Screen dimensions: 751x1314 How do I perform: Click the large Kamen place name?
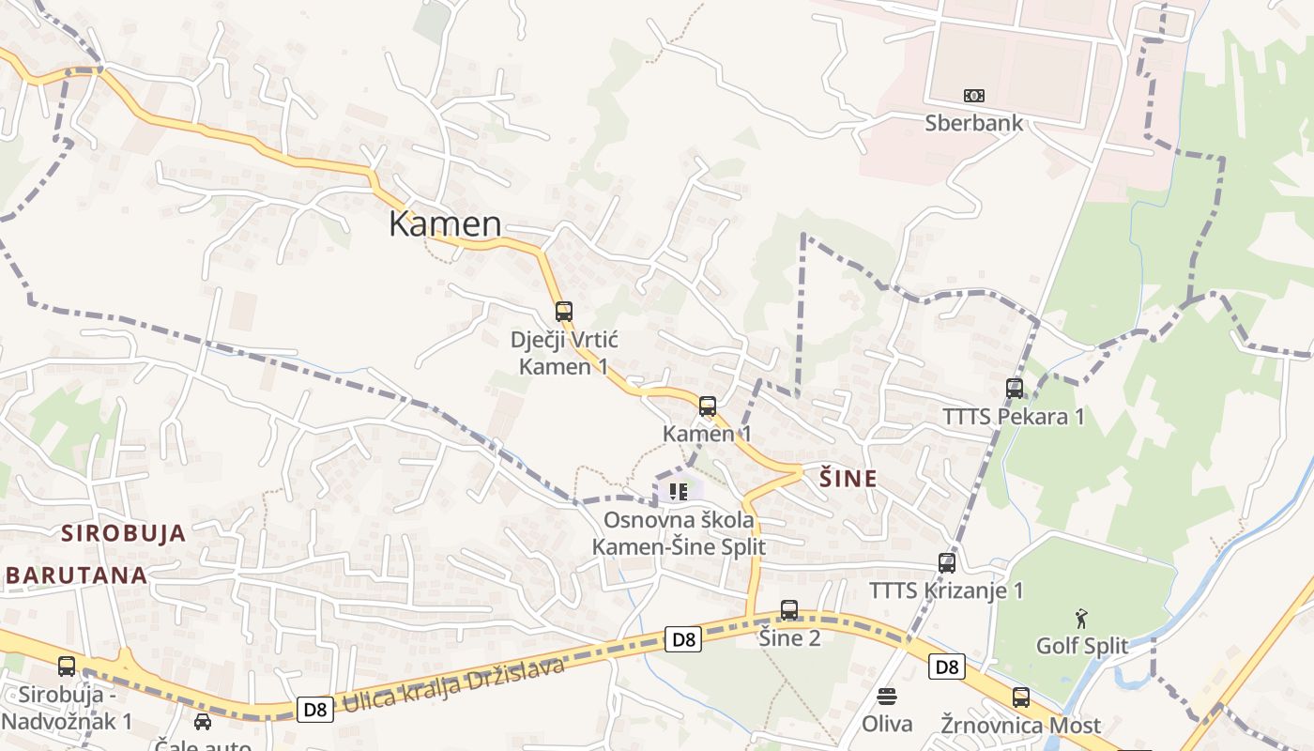pos(445,224)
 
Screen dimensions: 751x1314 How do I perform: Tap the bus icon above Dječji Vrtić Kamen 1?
pos(563,312)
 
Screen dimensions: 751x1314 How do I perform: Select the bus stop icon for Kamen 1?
pos(708,406)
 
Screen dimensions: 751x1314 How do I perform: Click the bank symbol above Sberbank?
pos(974,96)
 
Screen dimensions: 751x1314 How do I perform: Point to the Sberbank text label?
pos(974,123)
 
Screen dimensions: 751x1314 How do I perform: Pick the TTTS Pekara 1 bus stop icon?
pos(1015,388)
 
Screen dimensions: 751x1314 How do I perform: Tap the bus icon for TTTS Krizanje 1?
pos(947,563)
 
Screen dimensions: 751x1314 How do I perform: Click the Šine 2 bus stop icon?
pos(789,610)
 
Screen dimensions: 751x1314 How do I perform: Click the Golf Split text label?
pos(1082,646)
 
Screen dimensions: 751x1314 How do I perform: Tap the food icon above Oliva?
pos(887,697)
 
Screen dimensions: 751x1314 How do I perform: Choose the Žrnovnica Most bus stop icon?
pos(1021,697)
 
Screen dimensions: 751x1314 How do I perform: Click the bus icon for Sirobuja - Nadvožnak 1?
pos(67,667)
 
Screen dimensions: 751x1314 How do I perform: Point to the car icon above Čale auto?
pos(203,721)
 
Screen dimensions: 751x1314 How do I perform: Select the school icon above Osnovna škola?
pos(679,491)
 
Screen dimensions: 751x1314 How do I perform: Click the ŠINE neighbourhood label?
pos(848,479)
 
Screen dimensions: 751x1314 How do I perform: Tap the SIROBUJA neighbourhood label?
pos(124,534)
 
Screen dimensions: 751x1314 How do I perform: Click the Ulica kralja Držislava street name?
pos(454,685)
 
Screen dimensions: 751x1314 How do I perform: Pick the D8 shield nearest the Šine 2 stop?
pos(684,639)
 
